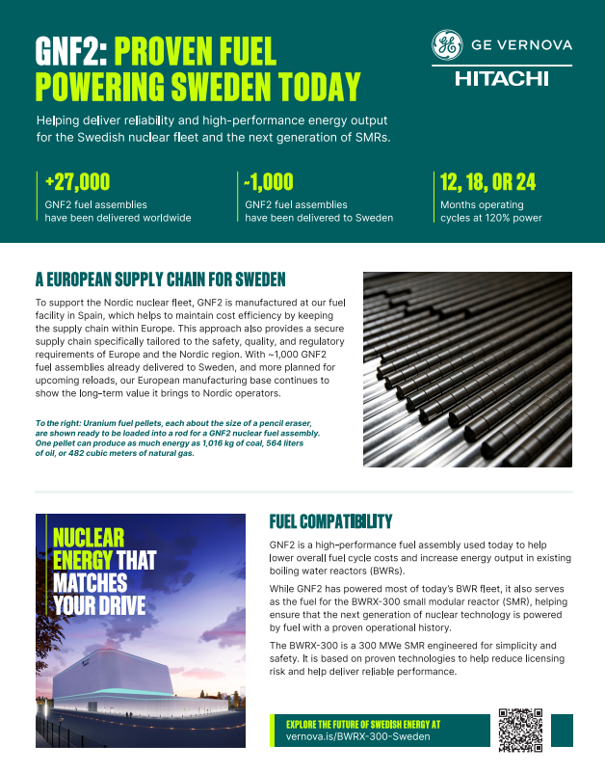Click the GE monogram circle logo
tap(446, 44)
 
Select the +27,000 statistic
tap(77, 181)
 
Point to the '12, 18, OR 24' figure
tap(487, 181)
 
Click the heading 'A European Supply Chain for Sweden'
tap(160, 280)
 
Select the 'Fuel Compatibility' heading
tap(330, 521)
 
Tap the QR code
tap(522, 730)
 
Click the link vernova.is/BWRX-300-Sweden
tap(358, 736)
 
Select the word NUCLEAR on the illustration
tap(89, 538)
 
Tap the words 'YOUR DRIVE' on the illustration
tap(99, 605)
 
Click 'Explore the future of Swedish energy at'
tap(363, 722)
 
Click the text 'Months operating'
tap(482, 204)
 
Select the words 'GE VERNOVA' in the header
tap(521, 44)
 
